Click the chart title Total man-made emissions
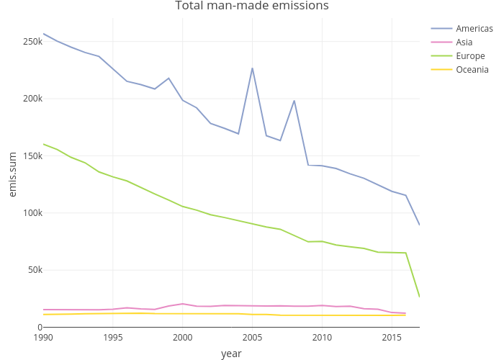click(252, 6)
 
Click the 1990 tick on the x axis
click(43, 338)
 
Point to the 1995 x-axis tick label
click(113, 338)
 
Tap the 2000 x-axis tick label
click(182, 338)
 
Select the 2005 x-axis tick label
click(252, 338)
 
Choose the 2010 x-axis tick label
click(322, 338)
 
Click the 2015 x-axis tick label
click(391, 338)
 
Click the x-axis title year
click(231, 354)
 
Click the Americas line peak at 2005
click(252, 68)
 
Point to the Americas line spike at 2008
click(294, 101)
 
